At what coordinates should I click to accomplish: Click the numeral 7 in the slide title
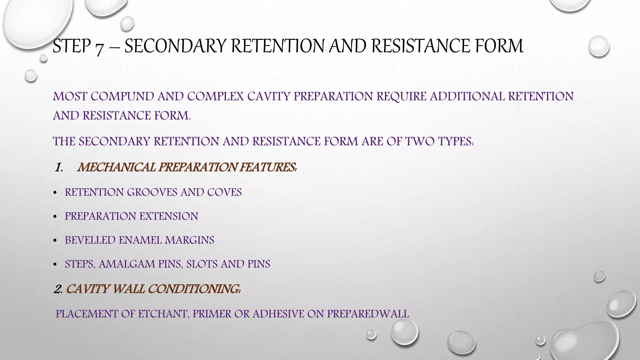99,47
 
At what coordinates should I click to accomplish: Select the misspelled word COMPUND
122,96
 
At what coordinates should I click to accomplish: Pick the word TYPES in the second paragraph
455,141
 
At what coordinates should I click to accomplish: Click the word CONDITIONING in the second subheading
194,289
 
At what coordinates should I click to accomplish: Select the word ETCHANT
163,314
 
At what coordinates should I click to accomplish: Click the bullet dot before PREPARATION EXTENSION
55,217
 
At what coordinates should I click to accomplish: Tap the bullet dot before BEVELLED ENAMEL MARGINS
55,241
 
